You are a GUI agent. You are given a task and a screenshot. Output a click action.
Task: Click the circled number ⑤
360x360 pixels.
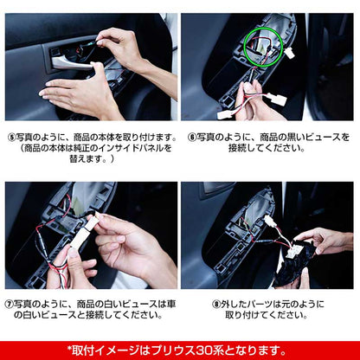click(x=10, y=137)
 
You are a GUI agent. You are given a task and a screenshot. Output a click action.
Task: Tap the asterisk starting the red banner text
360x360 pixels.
click(x=69, y=349)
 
